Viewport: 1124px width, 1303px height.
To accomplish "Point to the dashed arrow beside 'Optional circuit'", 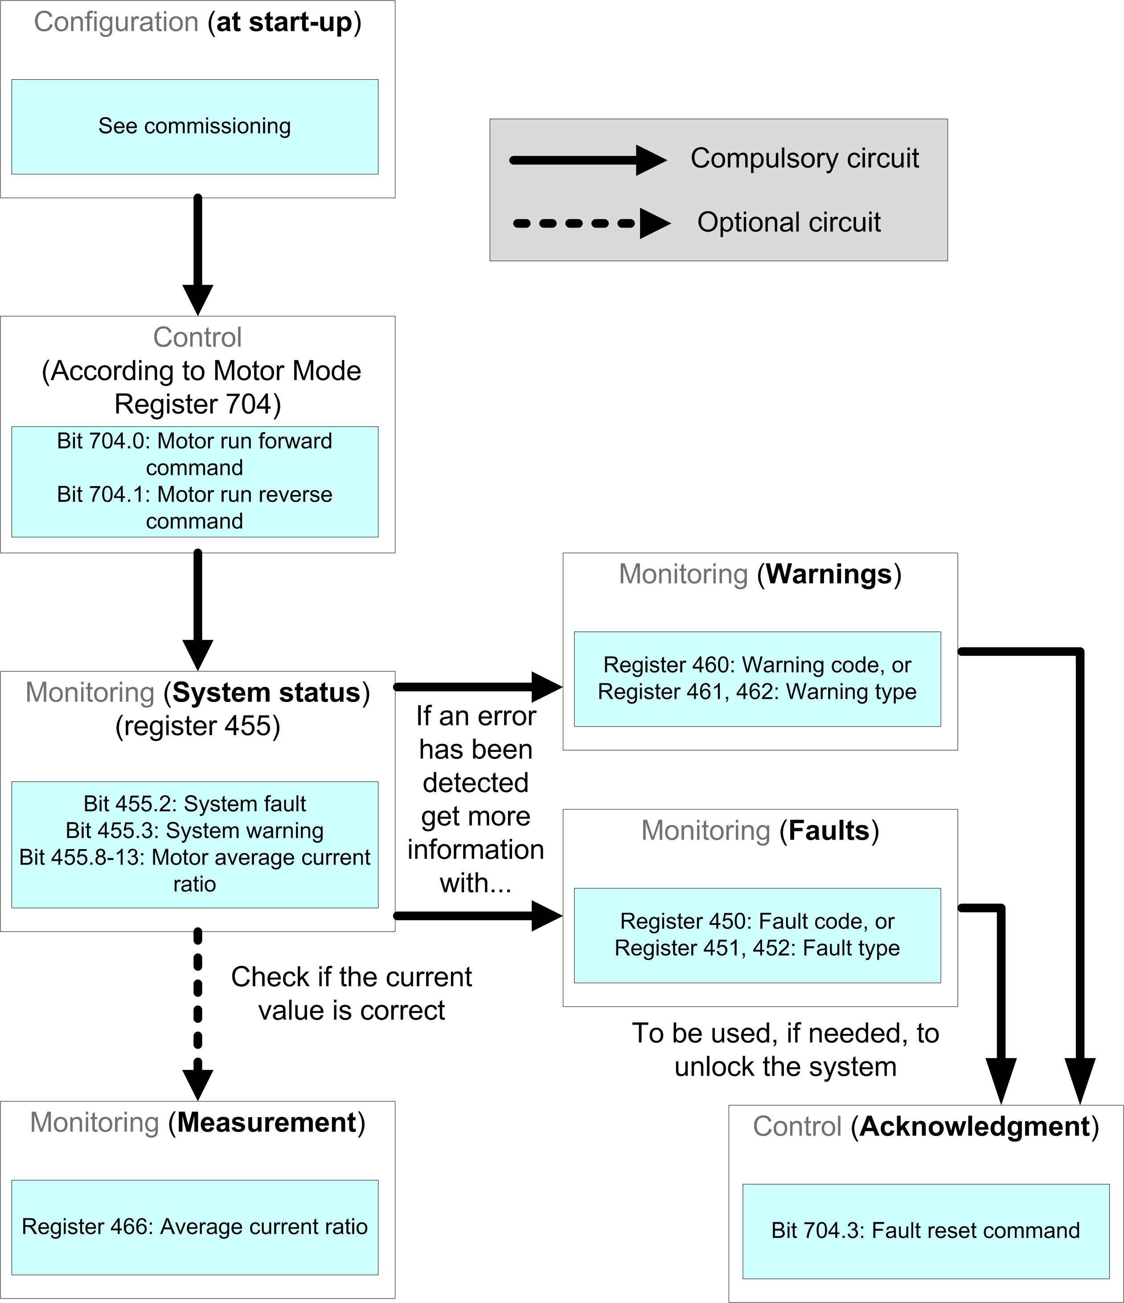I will coord(591,223).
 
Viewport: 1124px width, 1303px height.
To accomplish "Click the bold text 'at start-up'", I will coord(284,23).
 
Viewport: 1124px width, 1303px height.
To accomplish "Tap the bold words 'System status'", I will coord(267,692).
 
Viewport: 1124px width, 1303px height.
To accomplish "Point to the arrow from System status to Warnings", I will coord(478,687).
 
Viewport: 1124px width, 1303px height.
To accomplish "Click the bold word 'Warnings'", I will coord(829,574).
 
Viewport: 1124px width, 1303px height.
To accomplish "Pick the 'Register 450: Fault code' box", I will coord(757,935).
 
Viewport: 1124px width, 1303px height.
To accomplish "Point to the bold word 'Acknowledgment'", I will coord(975,1126).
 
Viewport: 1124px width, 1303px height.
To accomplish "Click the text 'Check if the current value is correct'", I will coord(351,993).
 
